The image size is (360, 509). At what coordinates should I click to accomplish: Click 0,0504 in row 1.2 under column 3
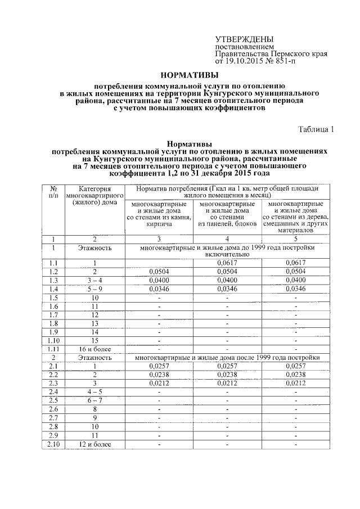[x=159, y=271]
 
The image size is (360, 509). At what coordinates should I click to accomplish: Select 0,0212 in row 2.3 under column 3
[x=159, y=384]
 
